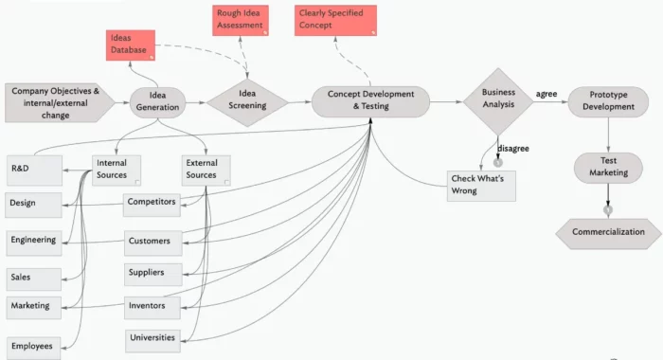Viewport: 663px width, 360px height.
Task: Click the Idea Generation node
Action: point(156,101)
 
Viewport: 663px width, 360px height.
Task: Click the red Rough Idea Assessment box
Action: point(242,20)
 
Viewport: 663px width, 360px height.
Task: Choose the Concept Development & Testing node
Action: point(370,101)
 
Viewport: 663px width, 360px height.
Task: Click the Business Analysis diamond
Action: point(497,99)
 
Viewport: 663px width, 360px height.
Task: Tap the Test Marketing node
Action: point(607,167)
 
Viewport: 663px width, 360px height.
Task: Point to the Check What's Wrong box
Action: point(482,185)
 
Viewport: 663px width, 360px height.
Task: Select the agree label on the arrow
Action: point(547,94)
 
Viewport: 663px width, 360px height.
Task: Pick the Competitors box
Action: point(152,202)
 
